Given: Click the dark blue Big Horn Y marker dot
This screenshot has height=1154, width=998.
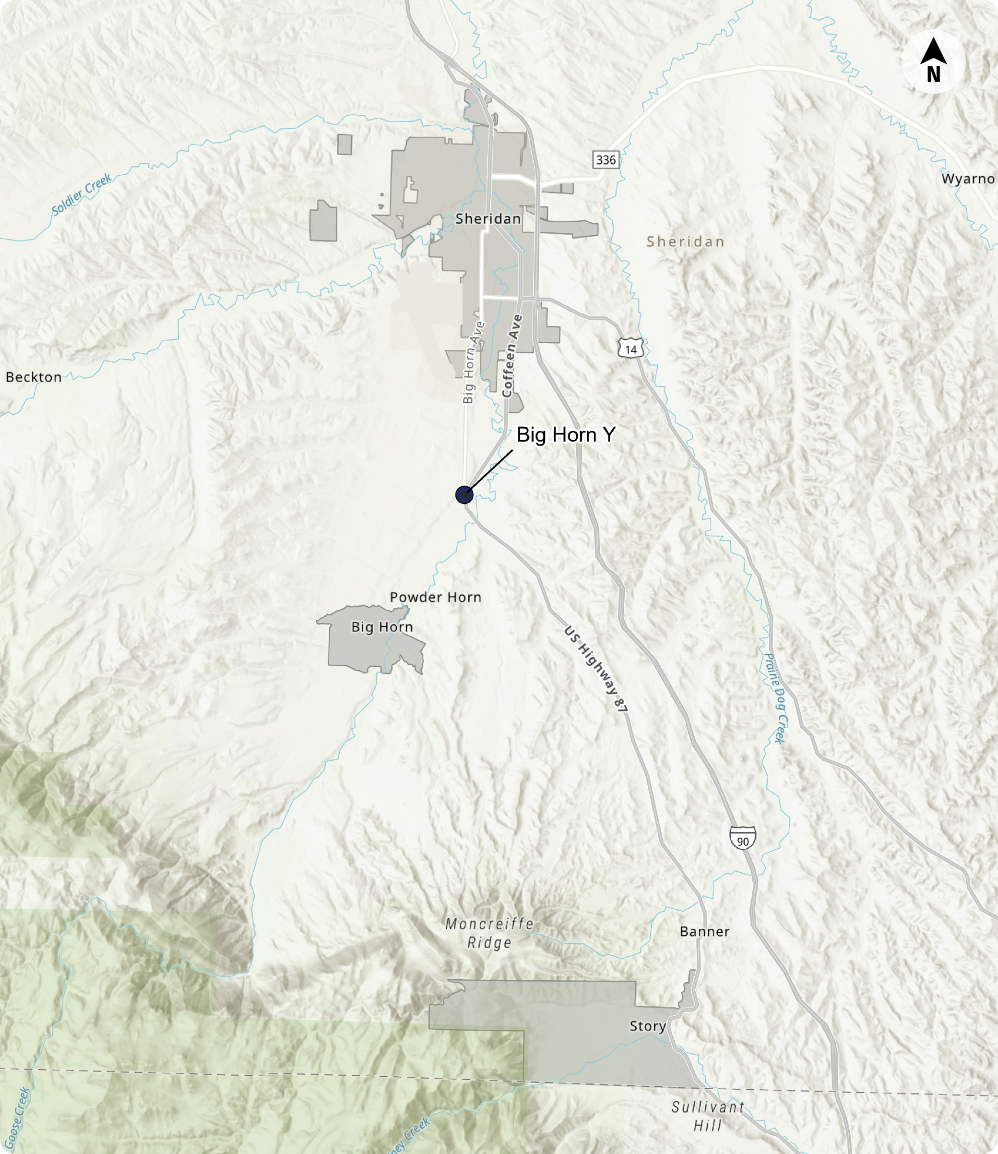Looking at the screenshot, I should point(464,494).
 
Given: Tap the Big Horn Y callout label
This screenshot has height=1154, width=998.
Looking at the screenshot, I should point(566,434).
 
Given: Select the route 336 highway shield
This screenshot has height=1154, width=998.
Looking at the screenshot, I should point(606,160).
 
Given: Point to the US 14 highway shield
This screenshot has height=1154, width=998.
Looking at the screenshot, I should point(630,349).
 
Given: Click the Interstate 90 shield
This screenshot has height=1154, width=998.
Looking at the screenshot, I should point(742,838).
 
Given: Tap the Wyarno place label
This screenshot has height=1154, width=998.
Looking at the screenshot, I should point(967,179).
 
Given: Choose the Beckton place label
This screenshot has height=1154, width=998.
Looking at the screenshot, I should point(34,377).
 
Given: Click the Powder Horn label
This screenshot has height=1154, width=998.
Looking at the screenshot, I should point(436,597).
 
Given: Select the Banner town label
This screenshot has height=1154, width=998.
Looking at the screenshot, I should point(704,932).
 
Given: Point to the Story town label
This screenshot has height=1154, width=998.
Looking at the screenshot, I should point(648,1026).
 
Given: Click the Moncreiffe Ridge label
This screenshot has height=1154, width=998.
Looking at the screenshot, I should point(489,933).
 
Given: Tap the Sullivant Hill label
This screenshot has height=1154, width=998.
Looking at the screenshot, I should point(708,1116).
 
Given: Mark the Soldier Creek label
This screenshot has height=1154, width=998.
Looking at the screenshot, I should point(82,194).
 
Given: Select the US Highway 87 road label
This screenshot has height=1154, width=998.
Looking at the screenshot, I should point(596,669).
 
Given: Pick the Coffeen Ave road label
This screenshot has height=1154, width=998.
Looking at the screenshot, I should point(512,356).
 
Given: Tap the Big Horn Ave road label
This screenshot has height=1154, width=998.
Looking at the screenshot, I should point(472,362).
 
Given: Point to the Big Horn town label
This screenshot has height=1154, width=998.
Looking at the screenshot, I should point(382,627).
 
